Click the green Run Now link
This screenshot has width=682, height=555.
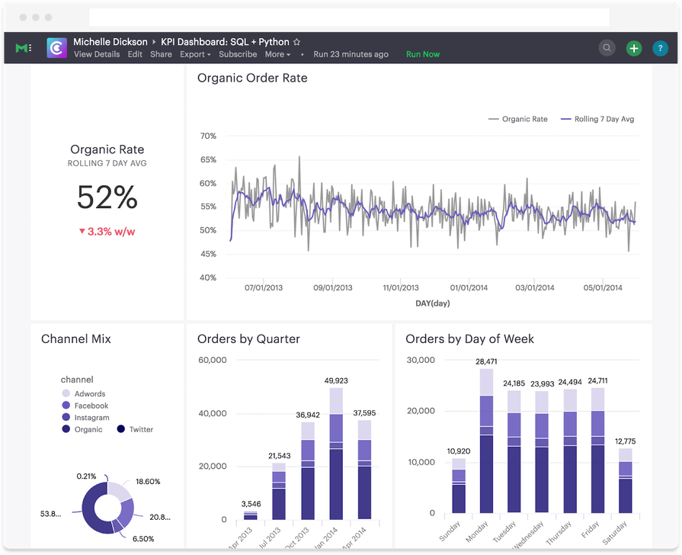click(422, 54)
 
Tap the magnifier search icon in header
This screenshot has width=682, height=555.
click(607, 48)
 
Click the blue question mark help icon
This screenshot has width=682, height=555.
click(660, 48)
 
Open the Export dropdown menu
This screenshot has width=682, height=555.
click(195, 54)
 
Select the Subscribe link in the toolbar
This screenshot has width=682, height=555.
click(238, 54)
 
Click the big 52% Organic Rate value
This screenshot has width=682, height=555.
click(107, 198)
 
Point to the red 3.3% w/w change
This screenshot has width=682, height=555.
click(112, 231)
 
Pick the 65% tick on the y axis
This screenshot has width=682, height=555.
click(207, 159)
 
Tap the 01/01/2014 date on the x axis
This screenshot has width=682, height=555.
click(469, 287)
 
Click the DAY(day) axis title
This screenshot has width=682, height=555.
click(432, 303)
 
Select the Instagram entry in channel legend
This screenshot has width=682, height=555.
click(91, 418)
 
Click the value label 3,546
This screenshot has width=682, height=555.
click(250, 504)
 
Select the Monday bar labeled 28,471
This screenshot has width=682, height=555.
click(486, 442)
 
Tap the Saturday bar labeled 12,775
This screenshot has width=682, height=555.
click(625, 480)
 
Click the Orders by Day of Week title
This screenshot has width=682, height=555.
click(469, 338)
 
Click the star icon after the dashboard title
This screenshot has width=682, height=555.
click(296, 42)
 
